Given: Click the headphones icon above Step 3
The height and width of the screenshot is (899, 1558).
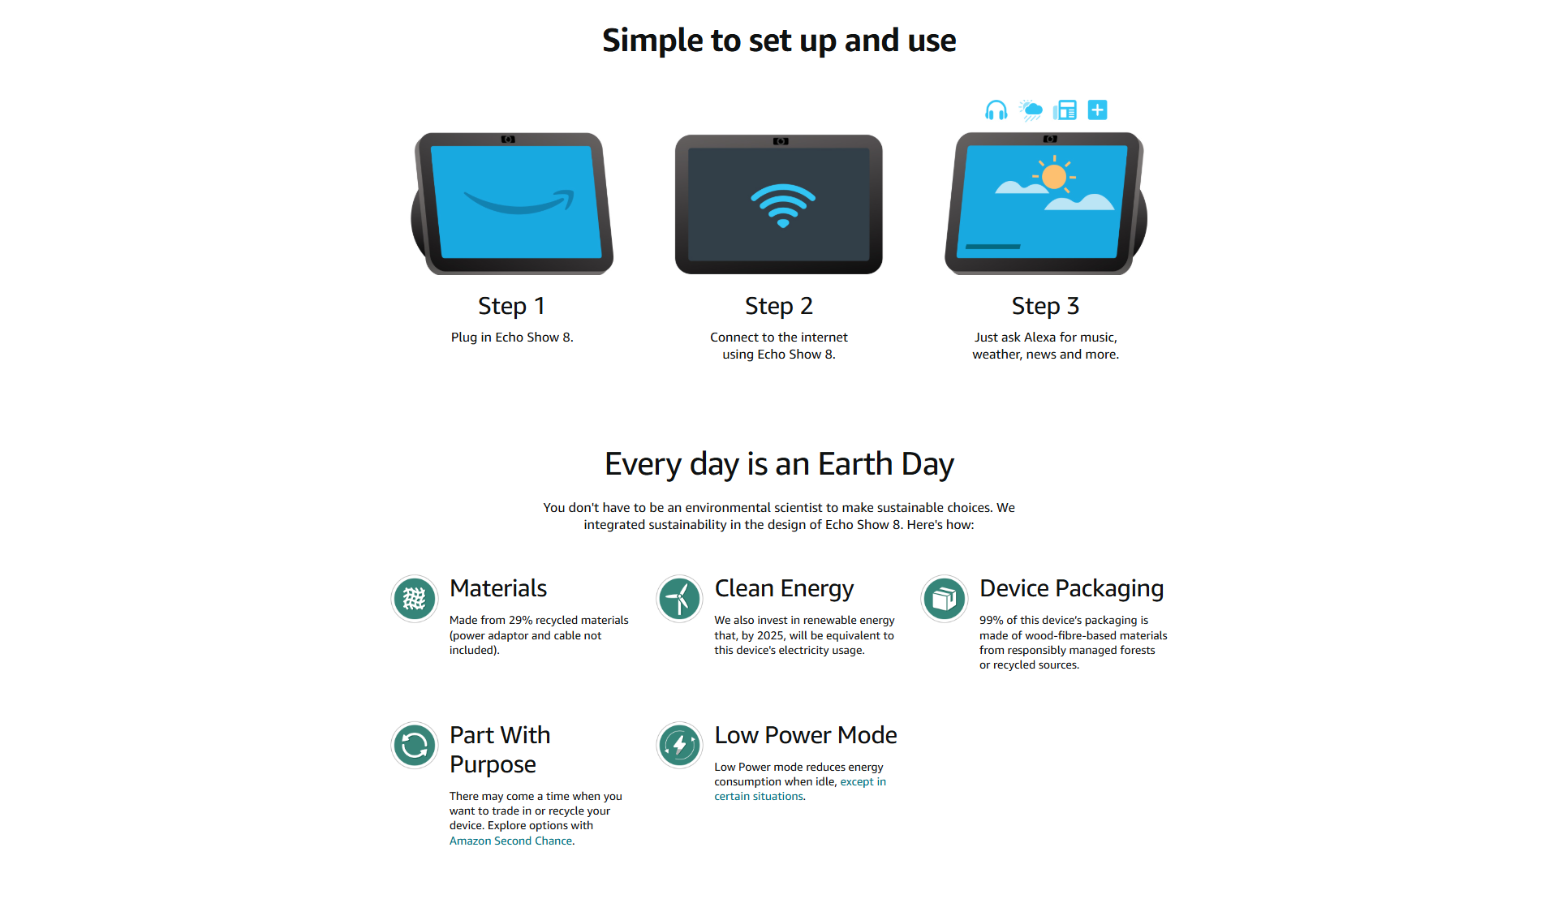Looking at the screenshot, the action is point(996,110).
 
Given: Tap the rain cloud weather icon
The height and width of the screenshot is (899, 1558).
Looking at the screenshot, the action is point(1031,110).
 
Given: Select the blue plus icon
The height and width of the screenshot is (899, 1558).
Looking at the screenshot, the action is point(1097,110).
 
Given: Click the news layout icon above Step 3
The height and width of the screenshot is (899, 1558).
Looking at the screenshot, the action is point(1065,110).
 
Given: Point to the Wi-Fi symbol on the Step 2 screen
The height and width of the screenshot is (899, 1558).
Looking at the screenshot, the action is point(782,205).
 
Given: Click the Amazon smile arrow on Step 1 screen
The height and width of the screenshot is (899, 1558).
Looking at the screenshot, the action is point(519,201).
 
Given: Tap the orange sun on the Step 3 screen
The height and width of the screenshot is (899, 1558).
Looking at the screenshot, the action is point(1054,176).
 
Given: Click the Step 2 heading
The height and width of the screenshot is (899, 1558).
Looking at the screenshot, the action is point(779,306).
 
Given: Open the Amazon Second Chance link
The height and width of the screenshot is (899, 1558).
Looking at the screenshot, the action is point(511,841).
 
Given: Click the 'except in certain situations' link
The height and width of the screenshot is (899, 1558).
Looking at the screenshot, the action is point(800,789).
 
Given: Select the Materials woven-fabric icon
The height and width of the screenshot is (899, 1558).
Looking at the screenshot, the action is point(415,599).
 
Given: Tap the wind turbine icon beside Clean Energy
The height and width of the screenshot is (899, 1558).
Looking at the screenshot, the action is point(679,599).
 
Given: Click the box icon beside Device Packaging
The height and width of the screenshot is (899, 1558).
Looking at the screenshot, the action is point(945,599).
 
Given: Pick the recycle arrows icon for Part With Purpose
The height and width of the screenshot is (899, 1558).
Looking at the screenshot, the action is point(415,745).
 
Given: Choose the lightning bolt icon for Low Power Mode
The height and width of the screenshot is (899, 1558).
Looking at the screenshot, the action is point(679,745).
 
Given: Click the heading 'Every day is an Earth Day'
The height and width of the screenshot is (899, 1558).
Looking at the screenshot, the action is point(779,464).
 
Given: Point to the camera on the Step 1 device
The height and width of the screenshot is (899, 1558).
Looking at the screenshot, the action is point(508,140).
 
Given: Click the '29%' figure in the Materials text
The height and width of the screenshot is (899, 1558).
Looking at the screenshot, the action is point(520,620).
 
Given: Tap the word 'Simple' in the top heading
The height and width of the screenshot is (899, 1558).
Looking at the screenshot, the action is point(652,41).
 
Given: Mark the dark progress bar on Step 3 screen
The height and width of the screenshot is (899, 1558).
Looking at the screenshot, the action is point(993,247).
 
